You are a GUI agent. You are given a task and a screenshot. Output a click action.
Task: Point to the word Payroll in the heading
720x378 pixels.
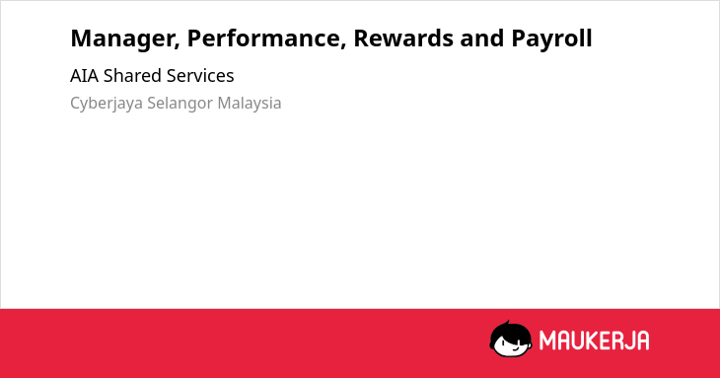[551, 39]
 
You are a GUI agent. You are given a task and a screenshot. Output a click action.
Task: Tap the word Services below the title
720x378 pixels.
[200, 76]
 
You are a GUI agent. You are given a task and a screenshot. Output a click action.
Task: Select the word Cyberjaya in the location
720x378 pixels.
[107, 104]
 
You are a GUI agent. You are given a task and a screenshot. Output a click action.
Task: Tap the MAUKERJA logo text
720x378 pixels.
[594, 340]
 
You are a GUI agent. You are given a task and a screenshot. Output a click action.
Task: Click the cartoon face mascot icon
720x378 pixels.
[511, 340]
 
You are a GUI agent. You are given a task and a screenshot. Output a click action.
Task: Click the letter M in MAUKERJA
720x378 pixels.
[546, 340]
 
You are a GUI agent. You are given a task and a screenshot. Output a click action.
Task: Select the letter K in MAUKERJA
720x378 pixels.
[593, 340]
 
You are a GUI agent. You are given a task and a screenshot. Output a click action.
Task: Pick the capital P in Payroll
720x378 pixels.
[519, 38]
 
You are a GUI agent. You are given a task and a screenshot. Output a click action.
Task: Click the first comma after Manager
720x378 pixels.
[177, 46]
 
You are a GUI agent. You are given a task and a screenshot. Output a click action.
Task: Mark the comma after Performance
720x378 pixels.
[343, 46]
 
